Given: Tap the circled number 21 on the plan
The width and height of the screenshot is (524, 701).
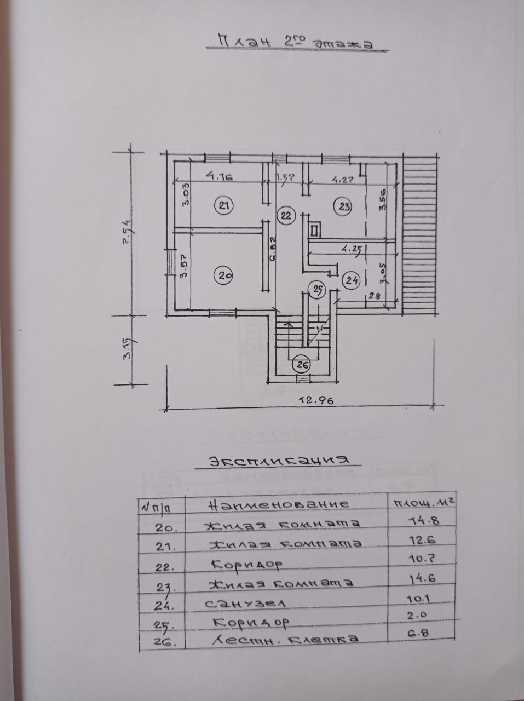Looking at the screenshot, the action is (223, 206).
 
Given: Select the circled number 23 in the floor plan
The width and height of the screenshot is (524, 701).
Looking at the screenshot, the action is (343, 206).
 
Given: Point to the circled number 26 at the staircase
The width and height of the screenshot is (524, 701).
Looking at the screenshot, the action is (301, 363).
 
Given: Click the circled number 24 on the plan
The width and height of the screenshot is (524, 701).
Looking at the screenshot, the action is (350, 280).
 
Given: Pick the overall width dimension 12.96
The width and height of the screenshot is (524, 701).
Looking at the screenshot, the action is (315, 400).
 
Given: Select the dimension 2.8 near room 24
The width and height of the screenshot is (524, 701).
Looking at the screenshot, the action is (375, 296).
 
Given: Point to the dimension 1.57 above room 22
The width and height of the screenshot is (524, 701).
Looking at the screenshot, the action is (285, 177).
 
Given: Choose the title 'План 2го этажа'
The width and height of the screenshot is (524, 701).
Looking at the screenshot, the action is (295, 42).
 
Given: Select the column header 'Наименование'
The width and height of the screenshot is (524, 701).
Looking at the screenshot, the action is (282, 504).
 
